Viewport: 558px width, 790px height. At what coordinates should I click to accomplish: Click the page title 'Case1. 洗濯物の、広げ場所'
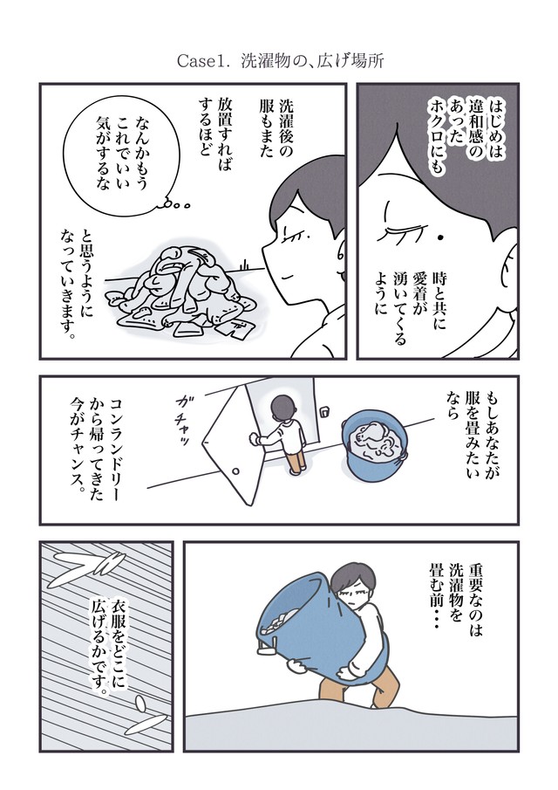coord(280,61)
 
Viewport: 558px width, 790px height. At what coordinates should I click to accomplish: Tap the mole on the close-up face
coord(440,237)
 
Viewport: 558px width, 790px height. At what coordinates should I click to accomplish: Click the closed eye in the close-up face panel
coord(403,230)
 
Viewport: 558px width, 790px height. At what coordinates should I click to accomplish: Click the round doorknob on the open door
coord(235,471)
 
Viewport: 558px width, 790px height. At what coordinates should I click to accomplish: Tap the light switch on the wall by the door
coord(325,412)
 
